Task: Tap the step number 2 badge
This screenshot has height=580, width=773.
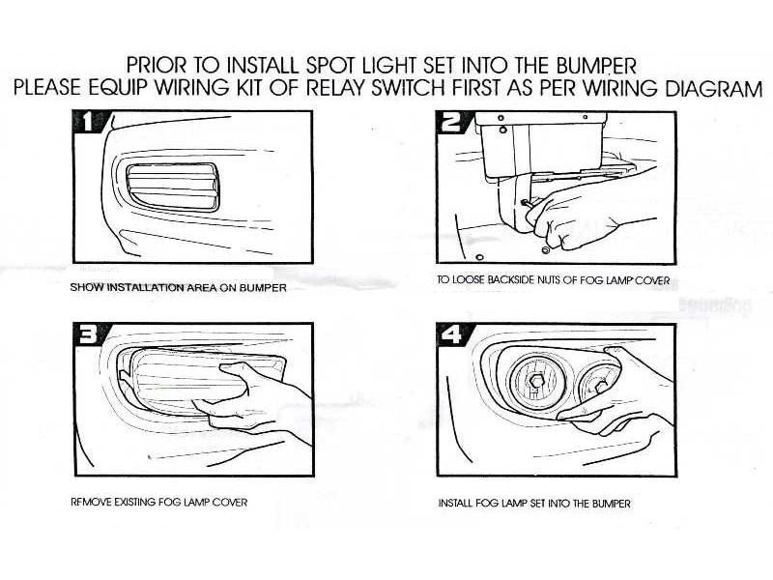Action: (451, 122)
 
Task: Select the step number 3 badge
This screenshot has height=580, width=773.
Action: (89, 334)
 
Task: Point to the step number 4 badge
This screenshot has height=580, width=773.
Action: (451, 334)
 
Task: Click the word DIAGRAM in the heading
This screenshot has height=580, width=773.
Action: (713, 88)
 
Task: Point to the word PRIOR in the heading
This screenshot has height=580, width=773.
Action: (157, 66)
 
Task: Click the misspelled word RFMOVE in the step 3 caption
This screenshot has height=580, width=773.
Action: (91, 503)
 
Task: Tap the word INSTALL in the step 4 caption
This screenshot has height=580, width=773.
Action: (456, 504)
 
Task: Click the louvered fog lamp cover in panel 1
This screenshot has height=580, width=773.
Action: (173, 188)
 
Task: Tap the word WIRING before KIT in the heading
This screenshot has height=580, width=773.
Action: (191, 88)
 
